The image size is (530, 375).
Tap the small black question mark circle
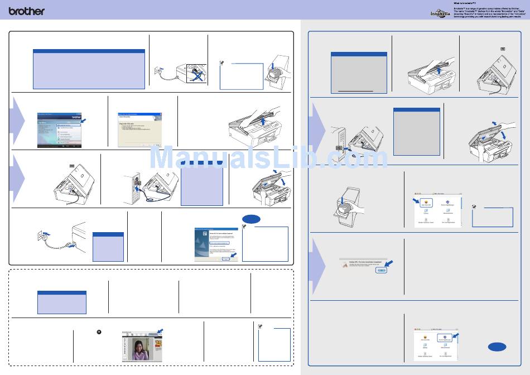pos(99,332)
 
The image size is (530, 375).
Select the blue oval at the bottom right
pos(497,347)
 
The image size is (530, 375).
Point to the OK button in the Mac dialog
pos(381,270)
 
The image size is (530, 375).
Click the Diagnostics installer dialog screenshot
pos(139,130)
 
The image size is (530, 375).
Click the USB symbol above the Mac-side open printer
pos(503,49)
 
